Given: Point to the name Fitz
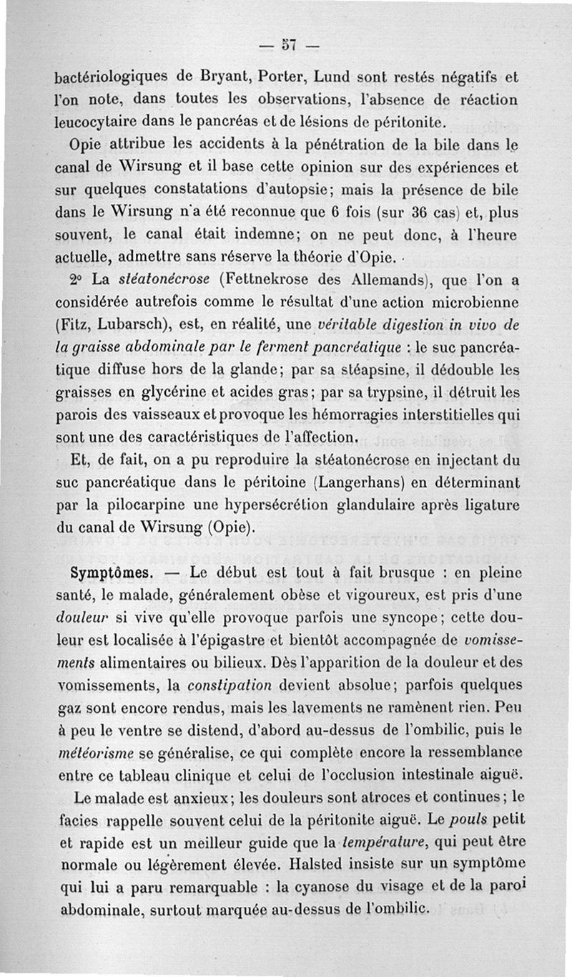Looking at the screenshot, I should click(x=73, y=326).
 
